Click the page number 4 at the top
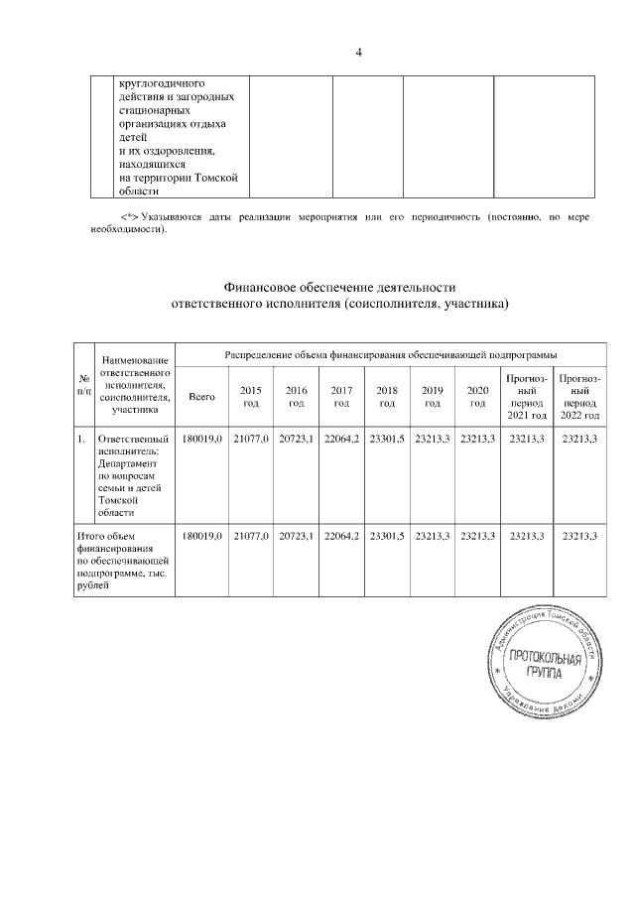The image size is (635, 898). tap(358, 53)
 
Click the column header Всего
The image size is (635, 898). tap(201, 397)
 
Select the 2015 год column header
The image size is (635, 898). tap(250, 397)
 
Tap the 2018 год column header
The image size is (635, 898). tap(387, 397)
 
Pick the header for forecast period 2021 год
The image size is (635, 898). tap(526, 397)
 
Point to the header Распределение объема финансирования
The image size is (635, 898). tap(390, 353)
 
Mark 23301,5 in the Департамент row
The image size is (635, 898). tap(387, 439)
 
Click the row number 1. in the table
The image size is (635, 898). tap(81, 439)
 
